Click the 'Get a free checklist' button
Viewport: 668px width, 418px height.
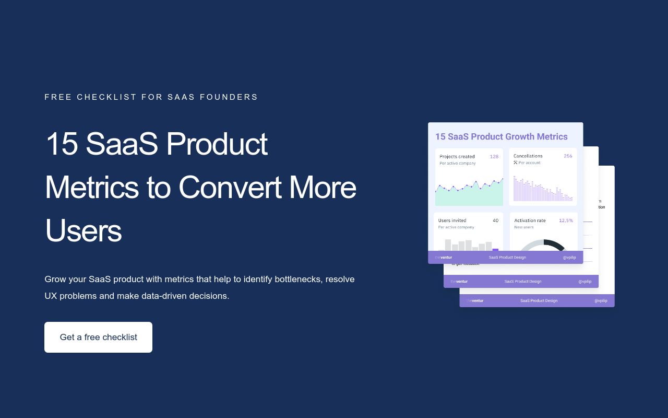pos(98,337)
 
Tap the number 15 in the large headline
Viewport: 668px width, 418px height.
pos(62,144)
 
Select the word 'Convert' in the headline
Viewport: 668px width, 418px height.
pos(230,187)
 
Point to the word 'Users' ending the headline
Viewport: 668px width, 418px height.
pos(83,230)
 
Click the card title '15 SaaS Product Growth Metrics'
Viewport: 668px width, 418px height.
pos(501,137)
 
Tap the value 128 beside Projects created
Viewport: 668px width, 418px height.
pos(494,156)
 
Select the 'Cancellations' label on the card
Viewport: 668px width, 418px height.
pos(528,156)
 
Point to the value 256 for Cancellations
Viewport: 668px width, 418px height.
pos(568,156)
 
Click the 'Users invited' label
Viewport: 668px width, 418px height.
pos(452,220)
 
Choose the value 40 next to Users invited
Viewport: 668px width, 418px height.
pos(495,220)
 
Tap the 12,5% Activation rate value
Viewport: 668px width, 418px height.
pos(566,220)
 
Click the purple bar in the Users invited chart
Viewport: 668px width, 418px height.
pos(495,249)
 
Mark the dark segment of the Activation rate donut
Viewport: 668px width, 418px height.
pos(555,244)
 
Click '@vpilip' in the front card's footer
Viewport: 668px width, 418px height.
pos(569,257)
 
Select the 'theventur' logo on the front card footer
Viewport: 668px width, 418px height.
pos(444,257)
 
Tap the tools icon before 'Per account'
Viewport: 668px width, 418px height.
pos(515,162)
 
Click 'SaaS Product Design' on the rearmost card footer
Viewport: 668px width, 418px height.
pos(539,300)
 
